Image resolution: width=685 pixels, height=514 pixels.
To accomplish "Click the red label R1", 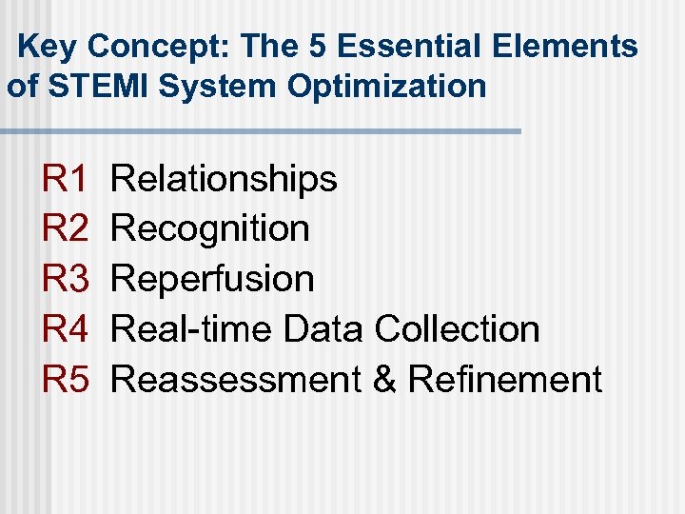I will pyautogui.click(x=66, y=178).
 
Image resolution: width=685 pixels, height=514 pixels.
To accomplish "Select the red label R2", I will pyautogui.click(x=66, y=228).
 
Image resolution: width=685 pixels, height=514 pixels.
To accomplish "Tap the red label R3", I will pyautogui.click(x=66, y=279).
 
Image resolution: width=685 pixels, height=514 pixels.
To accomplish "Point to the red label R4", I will pyautogui.click(x=66, y=329).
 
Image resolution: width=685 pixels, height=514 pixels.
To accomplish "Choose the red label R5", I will pyautogui.click(x=66, y=380).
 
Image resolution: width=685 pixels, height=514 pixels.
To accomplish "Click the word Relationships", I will pyautogui.click(x=225, y=178).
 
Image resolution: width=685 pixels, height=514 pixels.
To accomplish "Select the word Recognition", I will pyautogui.click(x=210, y=228).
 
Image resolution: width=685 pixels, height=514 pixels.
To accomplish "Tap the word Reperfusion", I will pyautogui.click(x=213, y=279).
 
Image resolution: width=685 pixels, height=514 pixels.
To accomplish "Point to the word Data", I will pyautogui.click(x=323, y=329).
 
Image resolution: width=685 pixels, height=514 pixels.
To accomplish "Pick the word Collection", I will pyautogui.click(x=458, y=329).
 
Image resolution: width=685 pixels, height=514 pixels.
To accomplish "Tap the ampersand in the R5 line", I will pyautogui.click(x=384, y=380).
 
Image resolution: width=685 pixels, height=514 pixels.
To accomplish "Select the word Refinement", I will pyautogui.click(x=505, y=380).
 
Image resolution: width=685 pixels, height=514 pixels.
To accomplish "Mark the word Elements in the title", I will pyautogui.click(x=580, y=47).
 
